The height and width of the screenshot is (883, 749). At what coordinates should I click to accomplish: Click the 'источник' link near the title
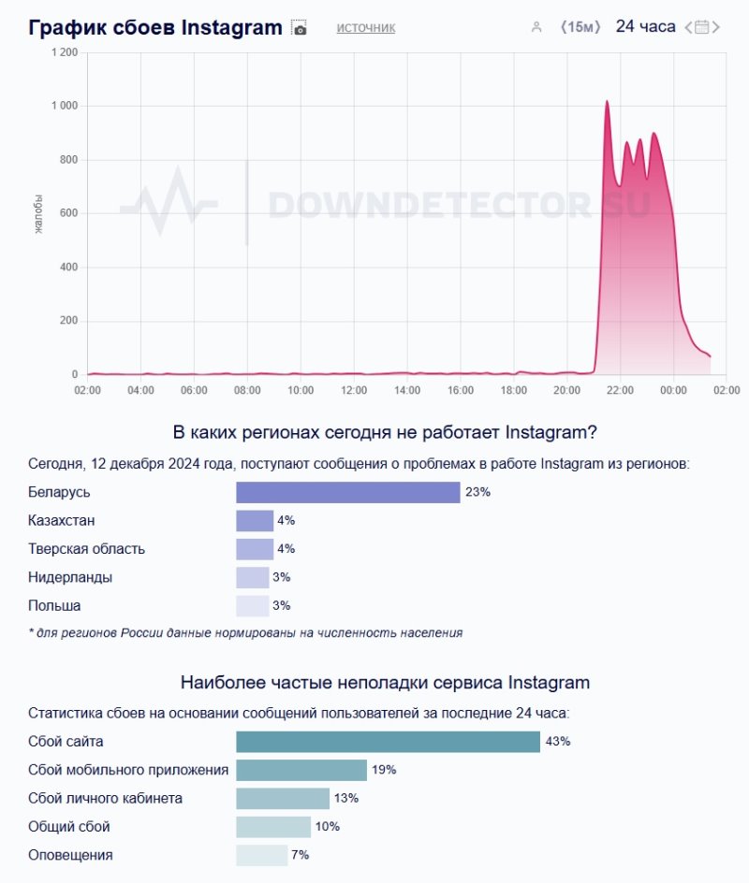[x=366, y=28]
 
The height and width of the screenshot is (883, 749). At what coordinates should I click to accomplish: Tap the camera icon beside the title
[x=299, y=28]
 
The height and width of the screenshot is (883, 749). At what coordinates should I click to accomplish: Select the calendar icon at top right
[x=702, y=27]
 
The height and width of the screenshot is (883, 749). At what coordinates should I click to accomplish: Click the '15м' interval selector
[x=580, y=27]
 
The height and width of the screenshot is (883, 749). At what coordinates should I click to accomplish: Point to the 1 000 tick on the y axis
[x=64, y=107]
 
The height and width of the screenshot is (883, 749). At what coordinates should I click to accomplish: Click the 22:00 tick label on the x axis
[x=620, y=390]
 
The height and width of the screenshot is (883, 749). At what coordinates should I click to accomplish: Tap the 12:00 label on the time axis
[x=353, y=390]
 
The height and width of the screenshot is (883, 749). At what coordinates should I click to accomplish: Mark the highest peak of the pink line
[x=607, y=101]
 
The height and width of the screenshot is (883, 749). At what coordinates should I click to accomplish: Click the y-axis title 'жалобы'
[x=38, y=214]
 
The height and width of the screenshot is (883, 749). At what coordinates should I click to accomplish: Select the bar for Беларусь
[x=347, y=492]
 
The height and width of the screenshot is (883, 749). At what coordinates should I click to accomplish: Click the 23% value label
[x=477, y=492]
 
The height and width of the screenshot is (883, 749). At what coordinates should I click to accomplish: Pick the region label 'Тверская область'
[x=87, y=549]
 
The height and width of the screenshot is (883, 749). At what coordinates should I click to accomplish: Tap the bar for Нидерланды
[x=252, y=577]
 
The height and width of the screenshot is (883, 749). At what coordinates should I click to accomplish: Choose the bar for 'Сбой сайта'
[x=388, y=742]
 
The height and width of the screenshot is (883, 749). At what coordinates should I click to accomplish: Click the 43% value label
[x=558, y=742]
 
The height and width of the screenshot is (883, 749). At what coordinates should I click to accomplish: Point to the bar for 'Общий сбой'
[x=272, y=827]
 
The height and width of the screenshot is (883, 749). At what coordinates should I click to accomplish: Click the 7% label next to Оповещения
[x=300, y=855]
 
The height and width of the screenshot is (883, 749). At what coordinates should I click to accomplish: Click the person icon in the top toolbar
[x=536, y=27]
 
